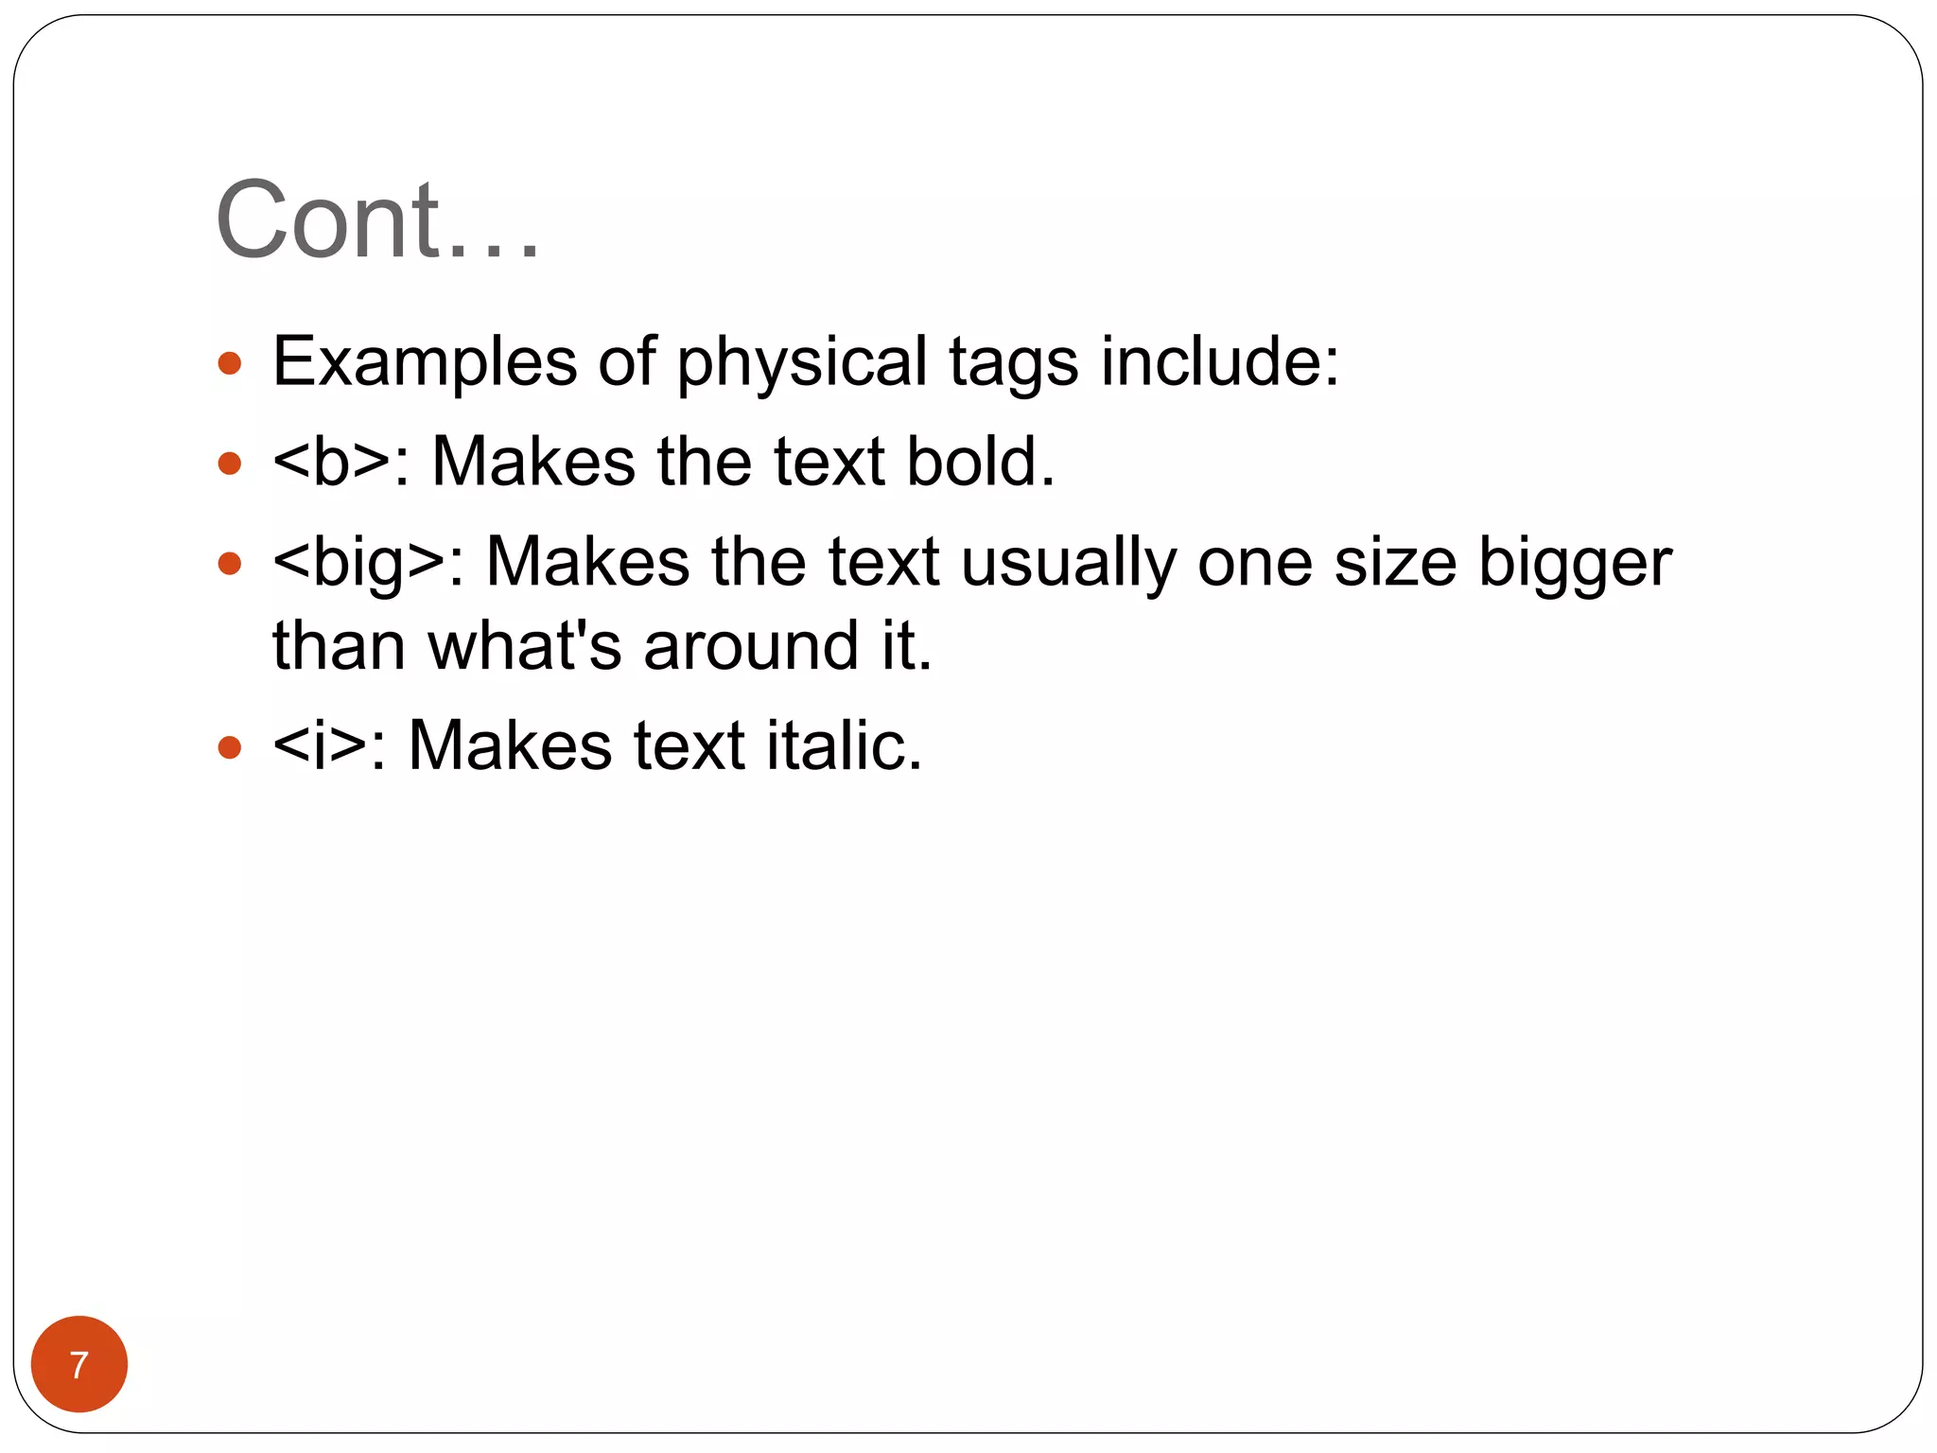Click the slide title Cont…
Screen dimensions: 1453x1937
[x=377, y=220]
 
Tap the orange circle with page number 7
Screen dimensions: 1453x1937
[x=79, y=1364]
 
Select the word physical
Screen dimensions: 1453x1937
[x=802, y=363]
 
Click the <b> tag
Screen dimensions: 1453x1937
[x=332, y=462]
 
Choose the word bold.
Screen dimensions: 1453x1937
[x=980, y=462]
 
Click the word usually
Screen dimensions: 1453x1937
[x=1069, y=564]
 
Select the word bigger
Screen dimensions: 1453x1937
[x=1575, y=564]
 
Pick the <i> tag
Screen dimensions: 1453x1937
[x=320, y=745]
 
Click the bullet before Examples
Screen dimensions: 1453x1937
[x=230, y=363]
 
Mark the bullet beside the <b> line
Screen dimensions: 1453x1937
[x=230, y=464]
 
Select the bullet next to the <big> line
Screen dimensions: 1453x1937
[x=230, y=565]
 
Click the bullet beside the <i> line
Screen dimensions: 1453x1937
[x=230, y=748]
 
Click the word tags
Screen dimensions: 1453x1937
[x=1013, y=363]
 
